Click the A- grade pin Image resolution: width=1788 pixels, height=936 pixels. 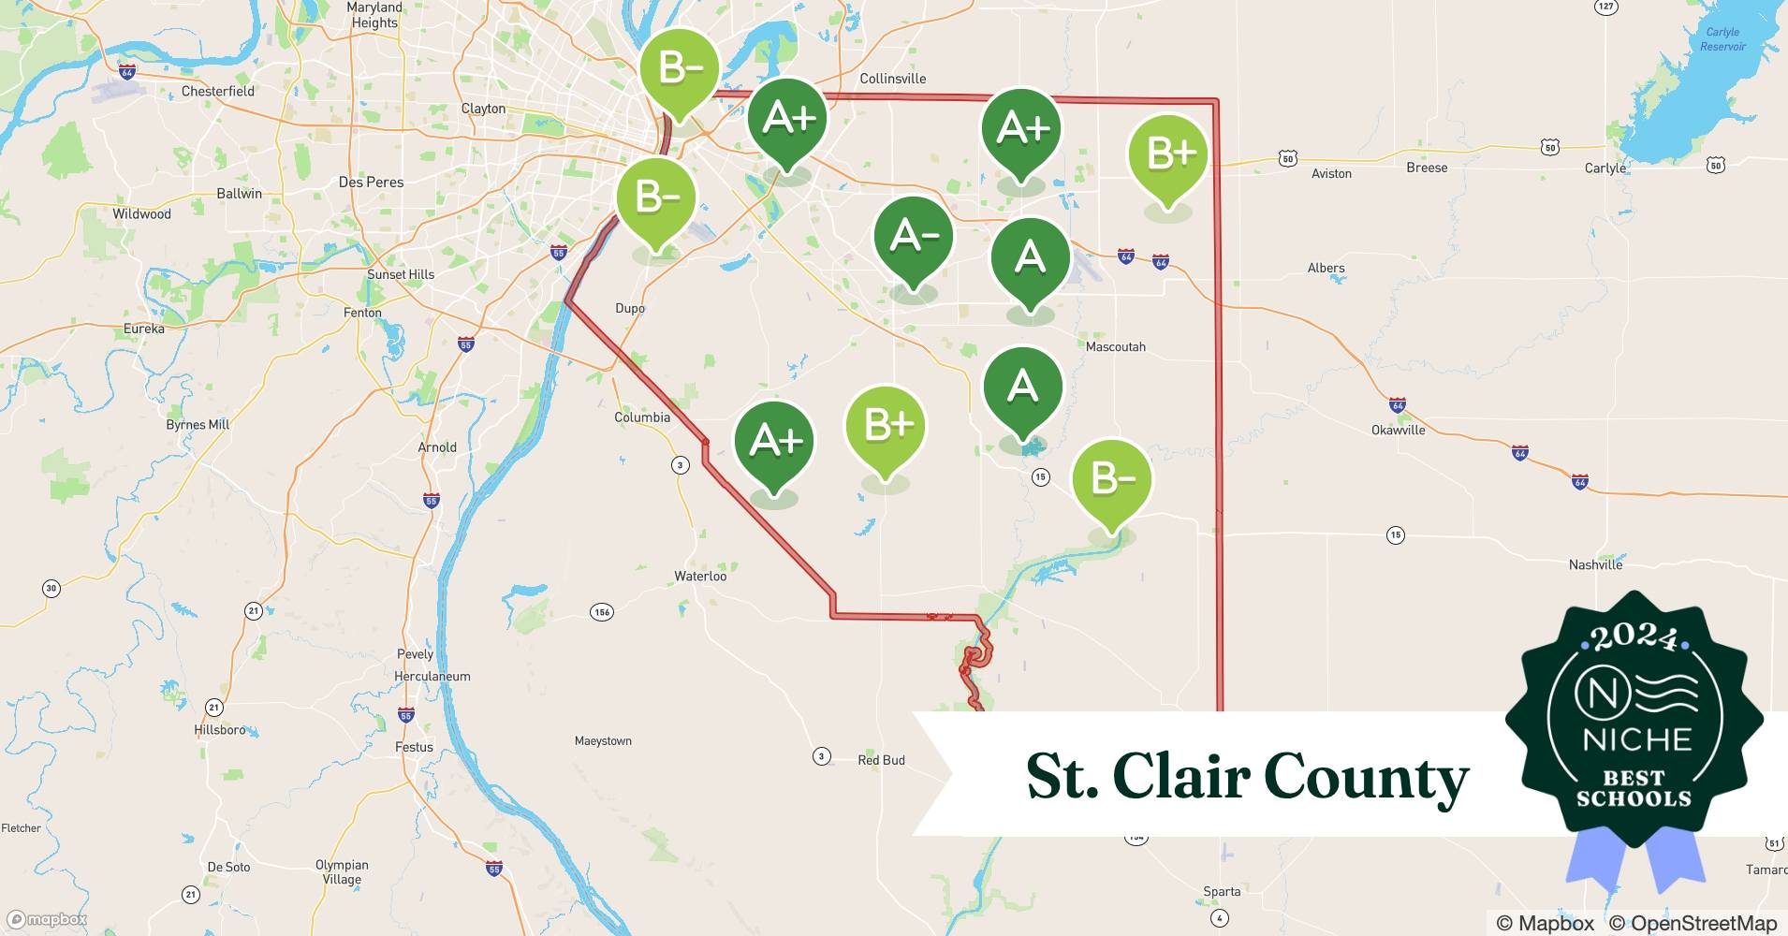pos(913,238)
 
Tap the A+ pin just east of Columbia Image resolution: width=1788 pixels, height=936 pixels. pos(774,442)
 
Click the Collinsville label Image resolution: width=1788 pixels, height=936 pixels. pos(892,79)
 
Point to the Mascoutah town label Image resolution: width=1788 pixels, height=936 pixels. pos(1115,346)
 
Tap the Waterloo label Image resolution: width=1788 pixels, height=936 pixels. pos(700,576)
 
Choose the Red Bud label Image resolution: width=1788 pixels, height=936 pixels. pos(881,760)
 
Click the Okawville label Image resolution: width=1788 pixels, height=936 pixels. pos(1398,430)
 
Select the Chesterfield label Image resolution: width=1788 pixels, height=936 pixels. pos(217,91)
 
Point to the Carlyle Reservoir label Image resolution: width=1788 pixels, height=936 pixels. pos(1722,39)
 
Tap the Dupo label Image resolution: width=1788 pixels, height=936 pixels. pos(630,308)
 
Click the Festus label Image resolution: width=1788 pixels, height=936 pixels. pos(414,747)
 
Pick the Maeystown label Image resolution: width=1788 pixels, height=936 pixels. pos(603,740)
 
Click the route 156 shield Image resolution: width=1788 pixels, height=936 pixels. pos(602,612)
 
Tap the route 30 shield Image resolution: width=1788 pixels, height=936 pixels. pos(51,589)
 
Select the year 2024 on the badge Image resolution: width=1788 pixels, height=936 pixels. pos(1634,638)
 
